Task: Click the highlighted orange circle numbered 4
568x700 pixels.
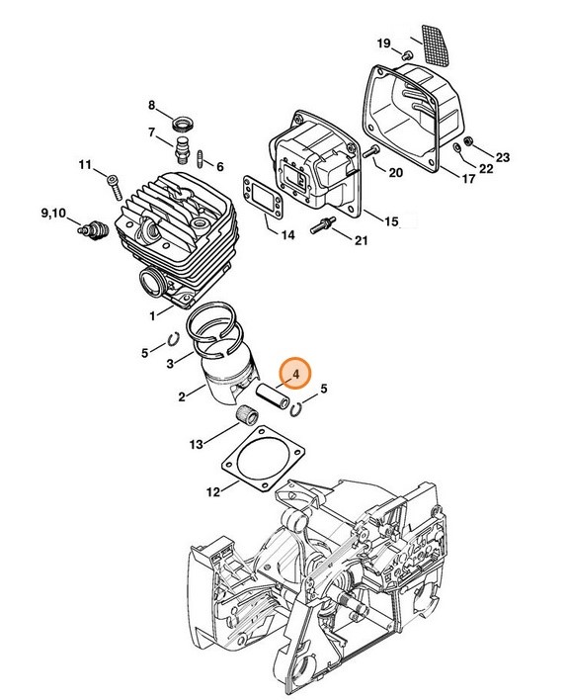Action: point(293,375)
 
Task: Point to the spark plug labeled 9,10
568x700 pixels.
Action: point(94,228)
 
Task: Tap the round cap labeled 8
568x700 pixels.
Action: point(182,124)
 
